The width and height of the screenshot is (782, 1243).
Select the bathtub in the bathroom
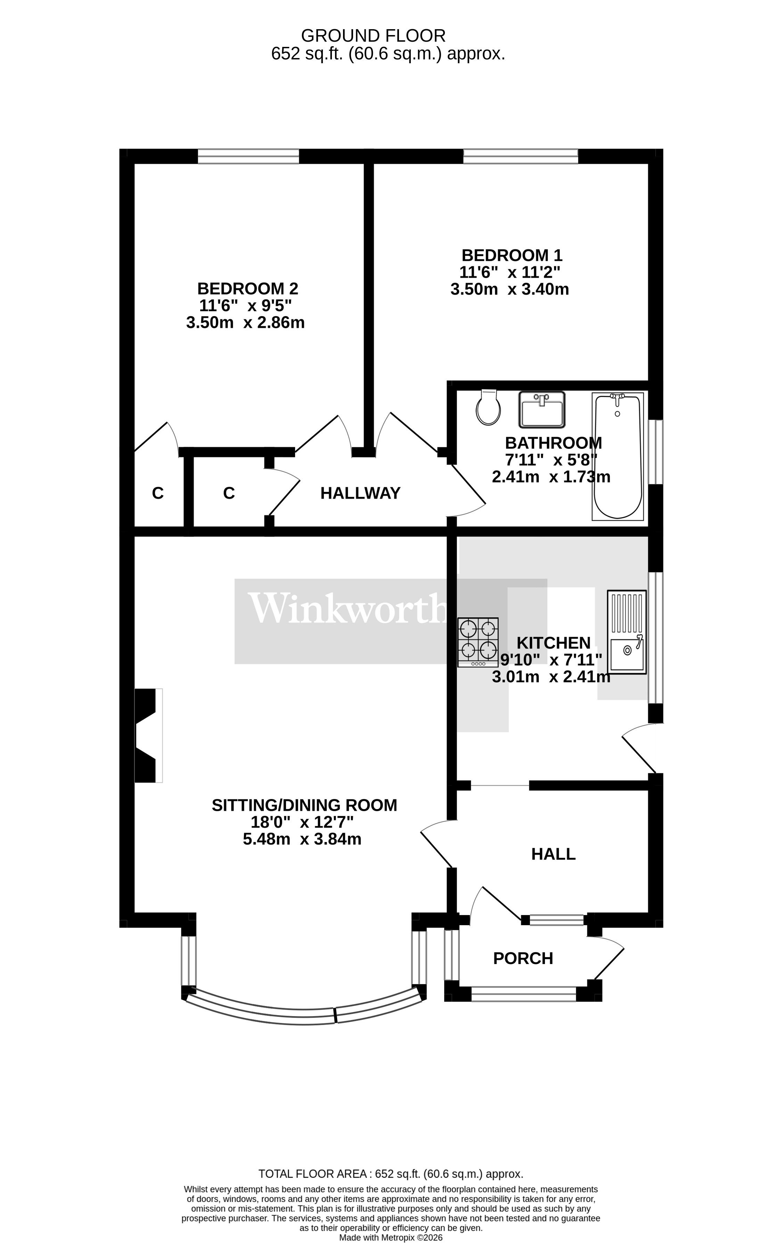pyautogui.click(x=618, y=456)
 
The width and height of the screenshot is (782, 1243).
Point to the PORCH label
pyautogui.click(x=523, y=958)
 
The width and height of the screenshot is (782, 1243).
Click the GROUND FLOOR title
pyautogui.click(x=373, y=36)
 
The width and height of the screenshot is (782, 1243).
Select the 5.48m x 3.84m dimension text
pyautogui.click(x=302, y=839)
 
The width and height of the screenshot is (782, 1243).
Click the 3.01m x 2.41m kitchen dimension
pyautogui.click(x=551, y=677)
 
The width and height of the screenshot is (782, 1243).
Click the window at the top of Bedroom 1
pyautogui.click(x=520, y=156)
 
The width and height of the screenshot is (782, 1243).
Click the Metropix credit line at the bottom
pyautogui.click(x=391, y=1237)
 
